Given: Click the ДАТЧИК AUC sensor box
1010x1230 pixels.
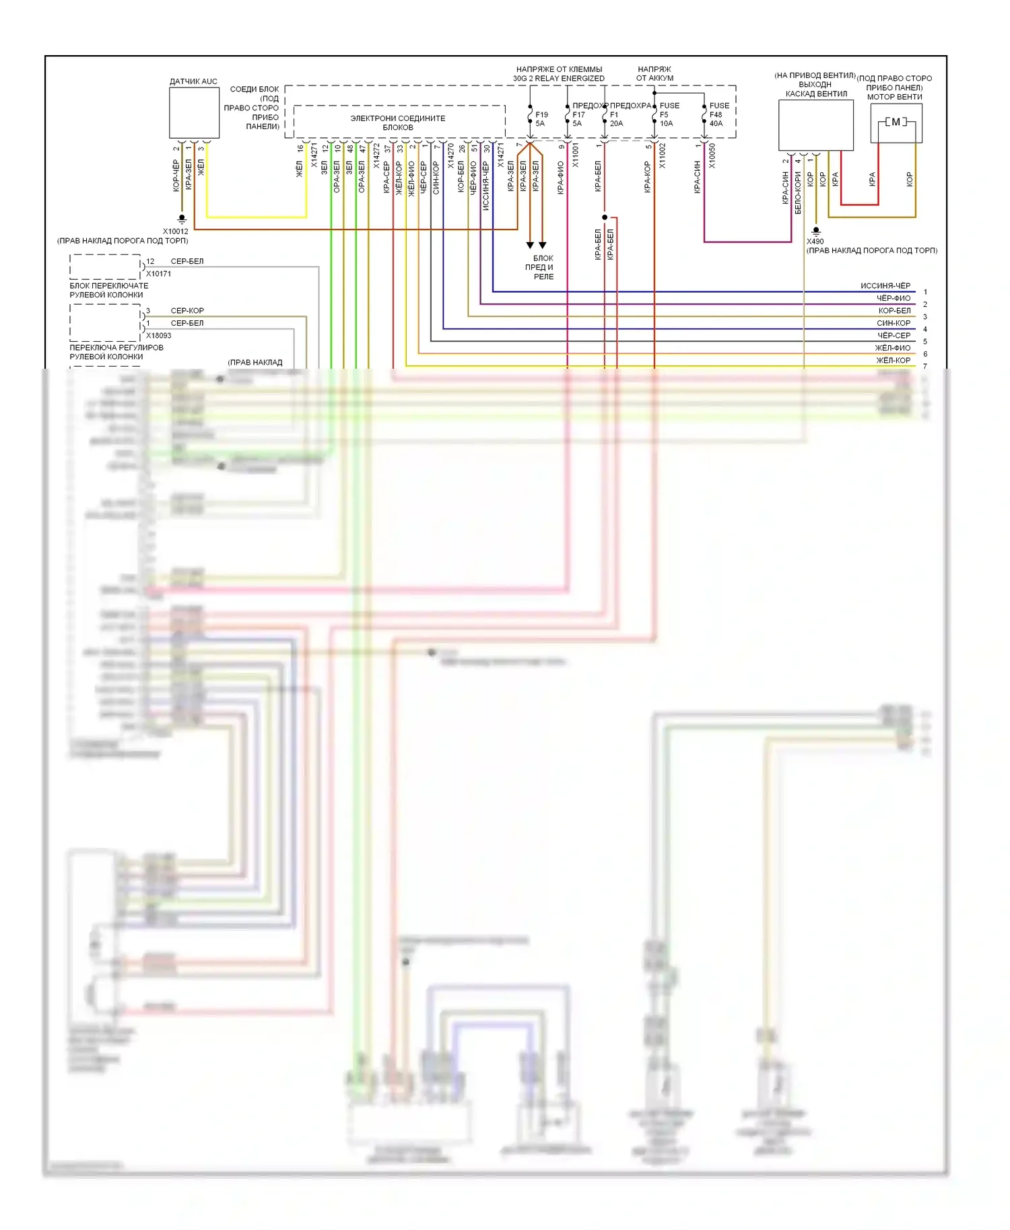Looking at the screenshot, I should click(x=194, y=112).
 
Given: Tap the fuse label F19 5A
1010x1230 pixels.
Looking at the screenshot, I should click(x=541, y=119).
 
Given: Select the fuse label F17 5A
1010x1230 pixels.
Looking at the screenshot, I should click(x=578, y=119).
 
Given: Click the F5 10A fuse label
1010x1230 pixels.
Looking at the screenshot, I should click(x=668, y=114).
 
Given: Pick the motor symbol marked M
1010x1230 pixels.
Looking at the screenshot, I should click(x=896, y=122).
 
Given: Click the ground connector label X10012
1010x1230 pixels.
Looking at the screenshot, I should click(x=176, y=231).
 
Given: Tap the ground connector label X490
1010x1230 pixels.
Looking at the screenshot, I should click(x=815, y=241).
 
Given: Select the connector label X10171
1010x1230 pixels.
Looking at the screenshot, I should click(x=159, y=274).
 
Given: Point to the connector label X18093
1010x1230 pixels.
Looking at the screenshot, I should click(x=159, y=335).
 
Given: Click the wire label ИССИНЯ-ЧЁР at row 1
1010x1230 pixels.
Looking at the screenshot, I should click(x=885, y=286).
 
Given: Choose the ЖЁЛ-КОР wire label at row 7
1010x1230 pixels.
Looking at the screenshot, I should click(x=893, y=361).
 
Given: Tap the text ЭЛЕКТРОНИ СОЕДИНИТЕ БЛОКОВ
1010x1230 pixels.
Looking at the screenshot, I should click(x=398, y=122).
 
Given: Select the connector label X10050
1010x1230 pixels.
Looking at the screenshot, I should click(x=712, y=156).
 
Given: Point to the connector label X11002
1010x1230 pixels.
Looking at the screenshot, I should click(x=662, y=156).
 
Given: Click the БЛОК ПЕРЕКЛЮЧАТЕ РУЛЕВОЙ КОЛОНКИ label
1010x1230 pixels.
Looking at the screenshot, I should click(x=109, y=290).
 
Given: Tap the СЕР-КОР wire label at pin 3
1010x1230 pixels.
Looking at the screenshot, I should click(x=187, y=311).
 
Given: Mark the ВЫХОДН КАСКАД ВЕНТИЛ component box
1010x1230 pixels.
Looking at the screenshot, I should click(x=815, y=125).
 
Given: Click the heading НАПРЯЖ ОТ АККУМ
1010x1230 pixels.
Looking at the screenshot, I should click(x=654, y=73).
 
